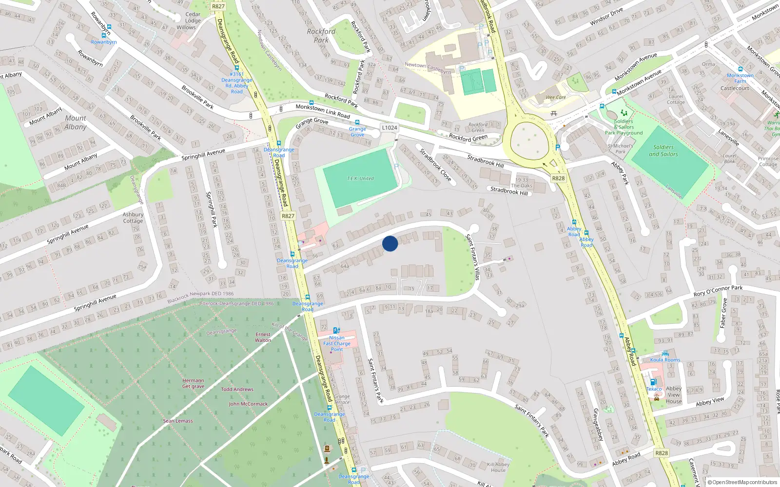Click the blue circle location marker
[x=390, y=243]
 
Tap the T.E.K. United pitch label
[x=360, y=179]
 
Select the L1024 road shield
[x=389, y=128]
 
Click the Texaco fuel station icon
[x=653, y=382]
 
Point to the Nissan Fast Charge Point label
[x=337, y=343]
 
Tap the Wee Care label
[x=556, y=97]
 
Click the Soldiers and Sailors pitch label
[x=663, y=150]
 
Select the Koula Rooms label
[x=665, y=360]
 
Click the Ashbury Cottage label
[x=133, y=218]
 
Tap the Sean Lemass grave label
[x=178, y=421]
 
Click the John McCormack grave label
[x=248, y=404]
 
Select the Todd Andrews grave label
[x=237, y=389]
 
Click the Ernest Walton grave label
[x=263, y=337]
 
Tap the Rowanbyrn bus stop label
[x=104, y=42]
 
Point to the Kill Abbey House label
[x=498, y=467]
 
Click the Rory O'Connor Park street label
[x=718, y=291]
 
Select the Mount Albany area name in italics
[x=76, y=122]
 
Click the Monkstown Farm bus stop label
[x=740, y=78]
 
